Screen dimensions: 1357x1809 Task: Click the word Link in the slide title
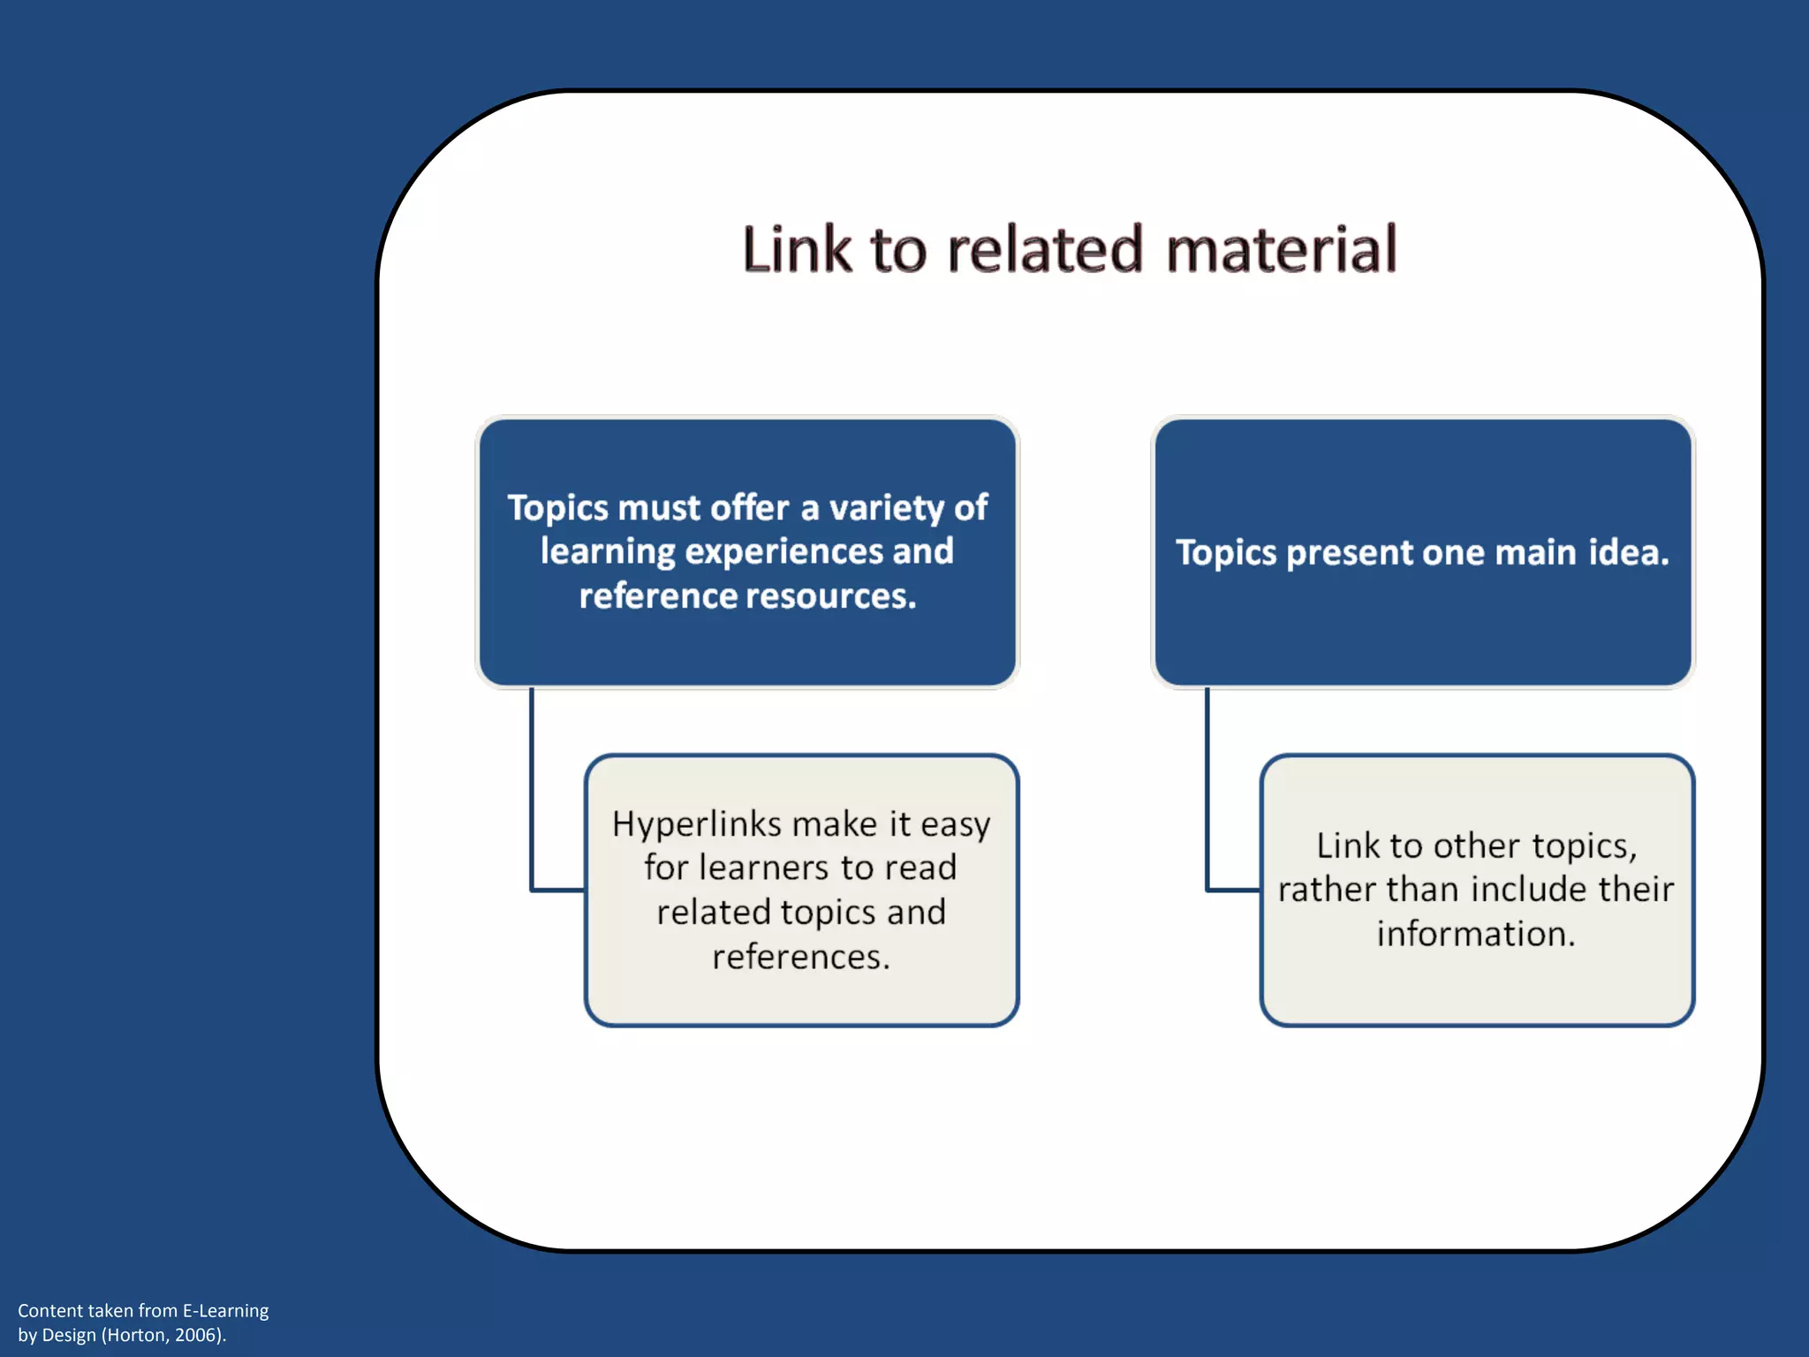797,249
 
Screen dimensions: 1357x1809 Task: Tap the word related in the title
1045,249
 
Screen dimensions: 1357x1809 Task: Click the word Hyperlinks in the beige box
697,825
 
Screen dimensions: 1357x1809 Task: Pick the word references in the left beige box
801,957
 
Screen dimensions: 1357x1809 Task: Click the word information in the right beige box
1476,934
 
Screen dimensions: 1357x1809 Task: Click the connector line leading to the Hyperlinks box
532,795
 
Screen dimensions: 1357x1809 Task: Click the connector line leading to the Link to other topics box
1207,795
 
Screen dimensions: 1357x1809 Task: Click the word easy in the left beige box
955,825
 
